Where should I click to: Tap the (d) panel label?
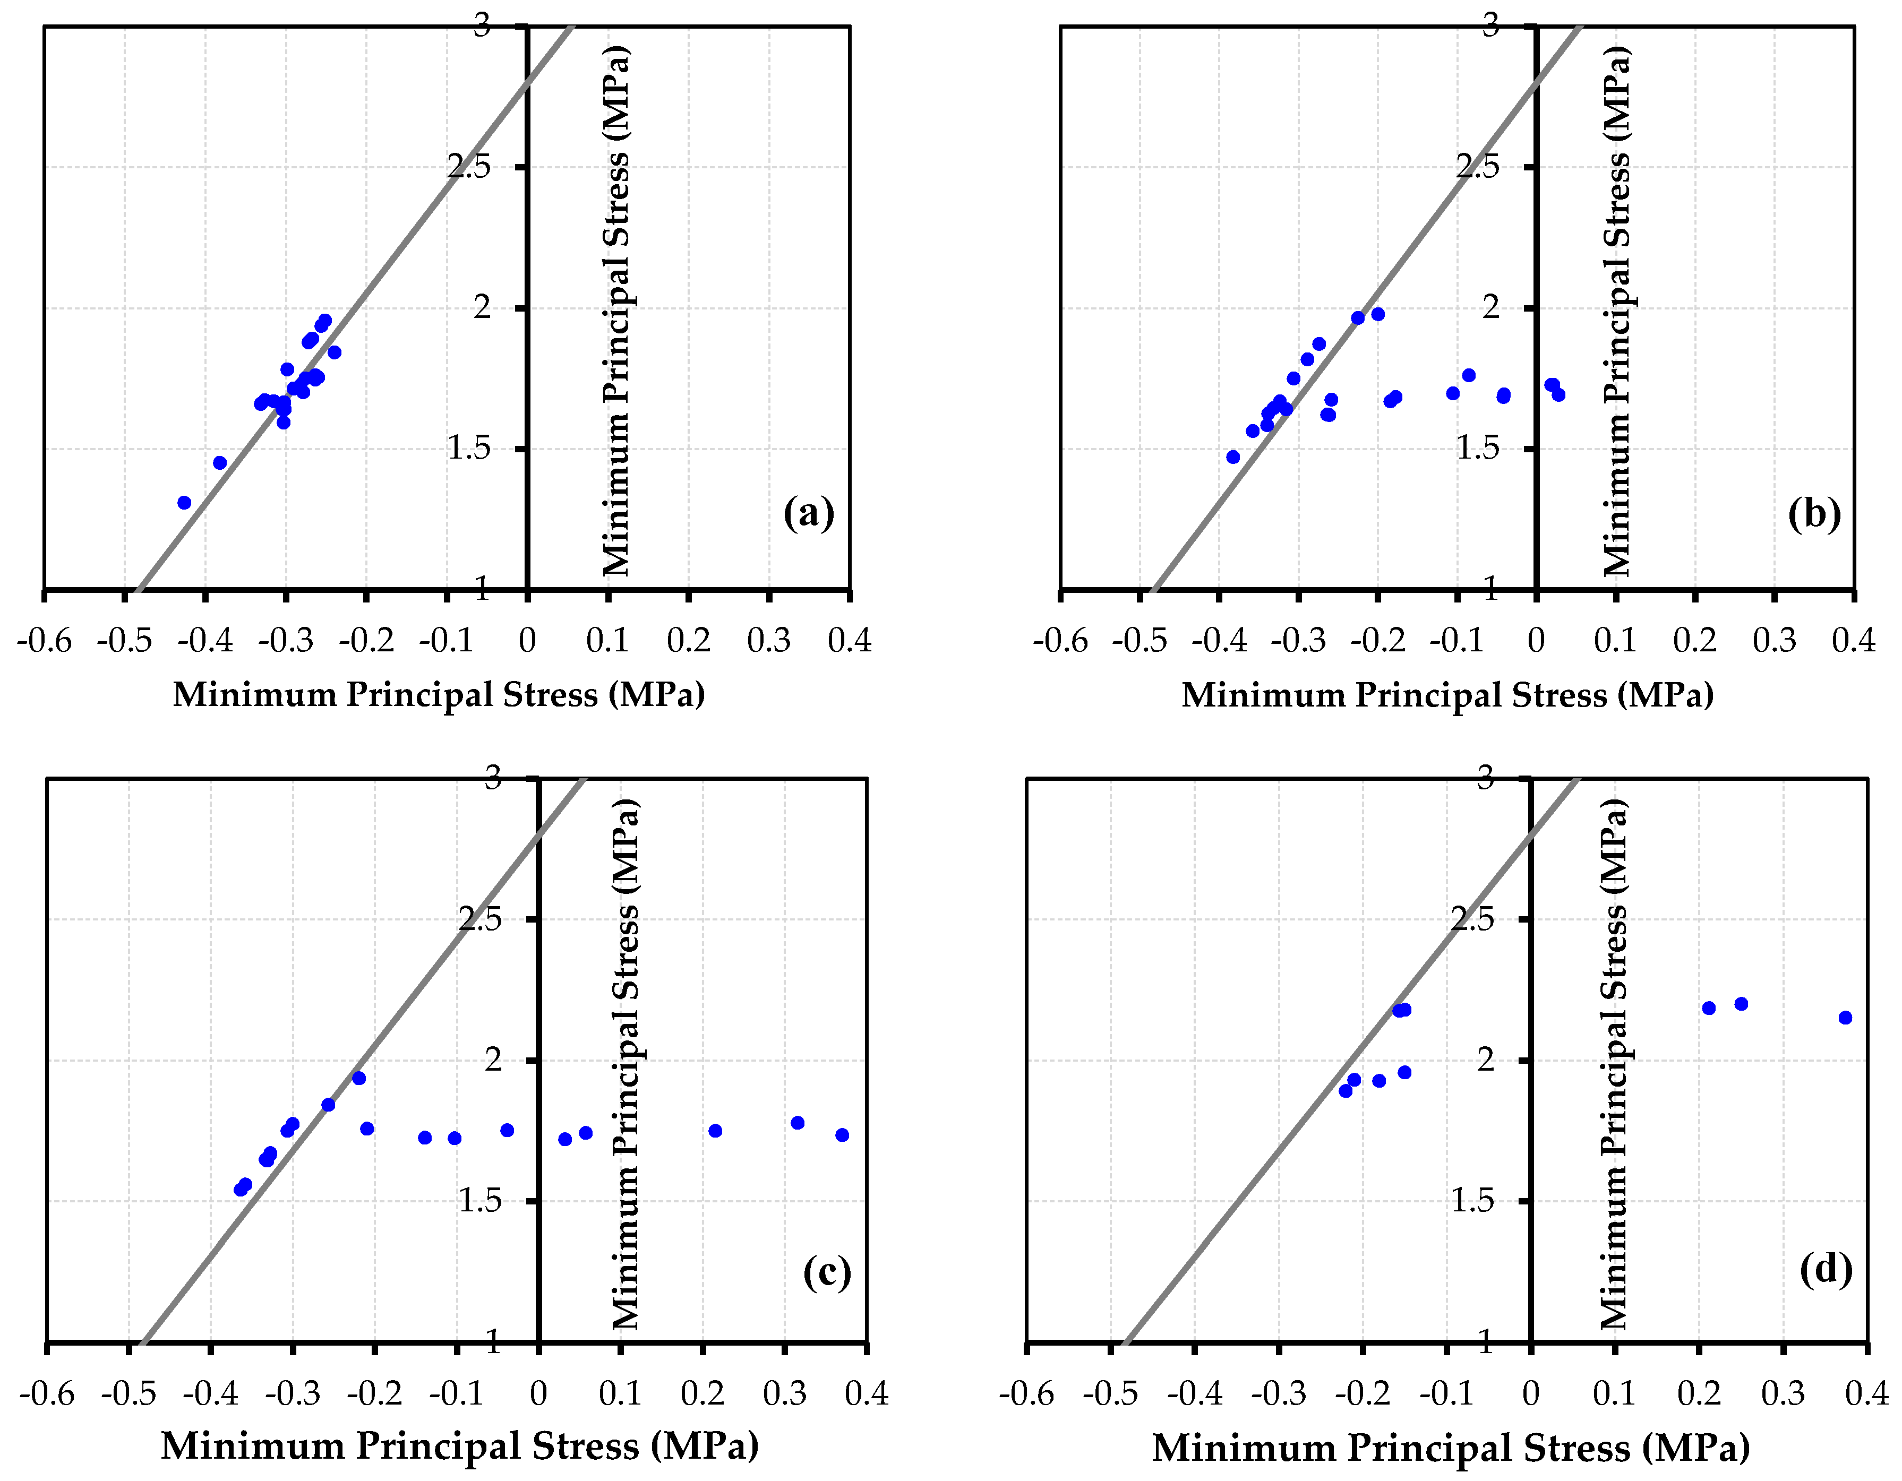tap(1826, 1269)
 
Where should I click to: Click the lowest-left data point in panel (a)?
tap(184, 502)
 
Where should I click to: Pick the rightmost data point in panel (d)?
tap(1845, 1018)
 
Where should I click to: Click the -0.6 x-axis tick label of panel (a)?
tap(45, 641)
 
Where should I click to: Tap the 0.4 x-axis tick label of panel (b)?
tap(1853, 641)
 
